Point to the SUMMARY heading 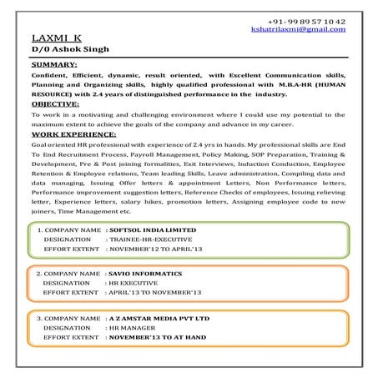tap(53, 64)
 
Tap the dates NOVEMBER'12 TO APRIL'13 tap(155, 248)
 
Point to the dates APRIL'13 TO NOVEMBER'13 tap(155, 293)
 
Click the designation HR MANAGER tap(131, 329)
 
